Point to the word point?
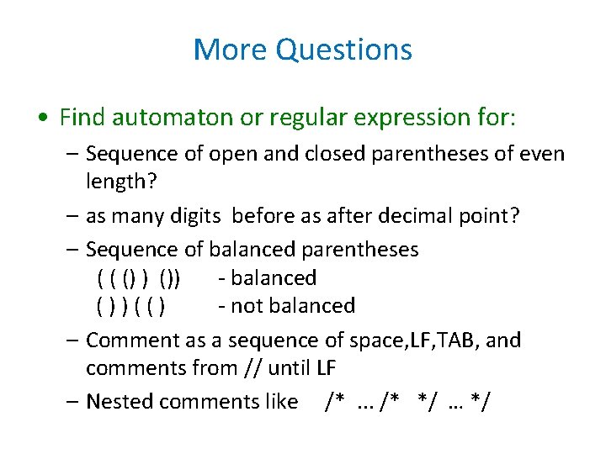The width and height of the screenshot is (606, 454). pos(490,216)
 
